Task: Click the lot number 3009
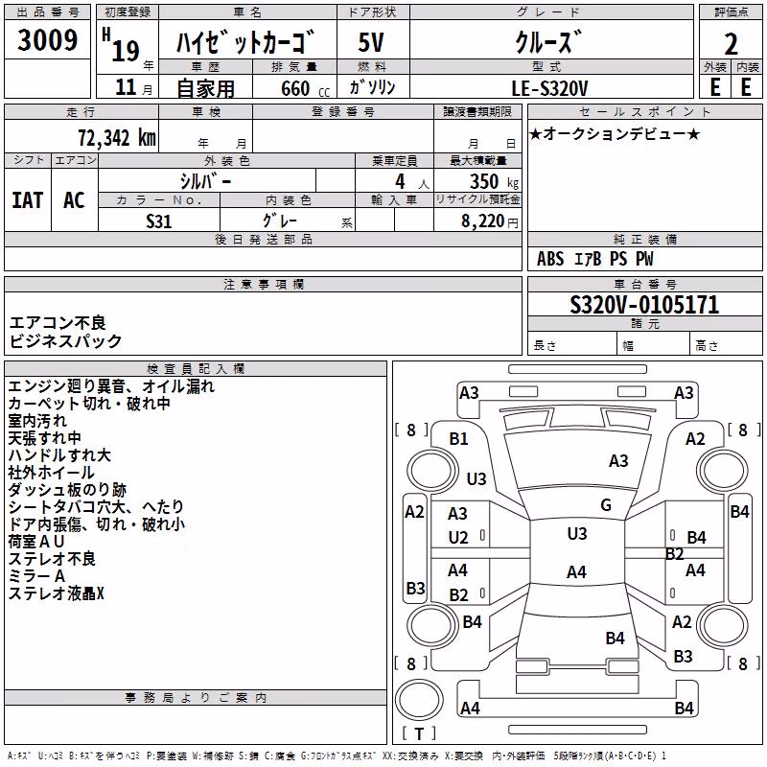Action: (47, 39)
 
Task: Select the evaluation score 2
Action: (731, 44)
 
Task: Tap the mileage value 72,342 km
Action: (117, 138)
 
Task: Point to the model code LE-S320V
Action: (549, 88)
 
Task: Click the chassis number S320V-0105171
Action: (644, 305)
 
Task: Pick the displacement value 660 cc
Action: (305, 89)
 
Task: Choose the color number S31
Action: (159, 221)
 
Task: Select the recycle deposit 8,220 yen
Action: (490, 221)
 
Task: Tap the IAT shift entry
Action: (27, 200)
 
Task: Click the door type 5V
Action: (371, 42)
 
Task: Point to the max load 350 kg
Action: (494, 181)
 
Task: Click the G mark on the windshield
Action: (606, 505)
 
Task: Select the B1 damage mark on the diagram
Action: (458, 439)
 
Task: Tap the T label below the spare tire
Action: (419, 733)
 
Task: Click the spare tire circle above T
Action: (418, 700)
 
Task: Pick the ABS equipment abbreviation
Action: (550, 259)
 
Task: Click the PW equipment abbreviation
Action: (644, 259)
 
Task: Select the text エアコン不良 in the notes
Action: (58, 323)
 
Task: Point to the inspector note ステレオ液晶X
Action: (57, 593)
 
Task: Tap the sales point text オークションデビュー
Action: (615, 133)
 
